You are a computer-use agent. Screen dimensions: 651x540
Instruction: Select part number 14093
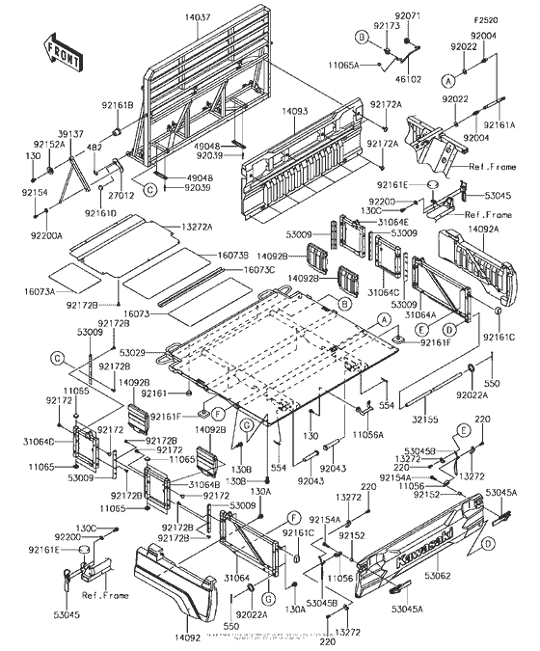tap(295, 112)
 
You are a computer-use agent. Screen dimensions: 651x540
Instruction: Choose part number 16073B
tap(232, 255)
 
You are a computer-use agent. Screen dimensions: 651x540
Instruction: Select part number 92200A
tap(45, 235)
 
